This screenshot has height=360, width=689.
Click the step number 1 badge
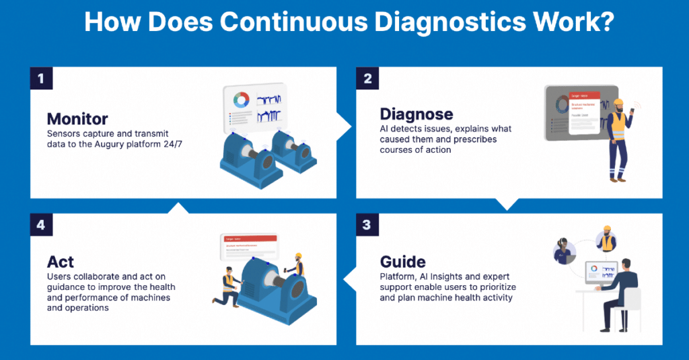click(x=40, y=78)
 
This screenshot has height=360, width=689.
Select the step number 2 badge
click(x=367, y=78)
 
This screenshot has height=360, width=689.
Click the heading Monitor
click(x=77, y=119)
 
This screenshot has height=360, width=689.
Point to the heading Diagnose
click(x=416, y=114)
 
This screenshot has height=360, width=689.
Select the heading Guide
click(x=403, y=261)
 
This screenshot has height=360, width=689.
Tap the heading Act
click(x=61, y=261)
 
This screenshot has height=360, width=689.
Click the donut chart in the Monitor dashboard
click(x=241, y=100)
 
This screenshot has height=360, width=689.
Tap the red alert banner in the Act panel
click(x=250, y=238)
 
